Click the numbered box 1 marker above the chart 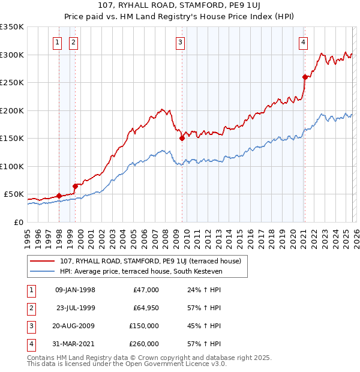coord(57,42)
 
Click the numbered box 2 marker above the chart coord(73,42)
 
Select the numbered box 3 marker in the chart coord(180,42)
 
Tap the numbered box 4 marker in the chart coord(304,42)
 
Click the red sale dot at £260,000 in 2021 coord(305,77)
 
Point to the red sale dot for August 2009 coord(182,138)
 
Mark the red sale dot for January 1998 coord(59,196)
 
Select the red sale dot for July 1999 coord(76,186)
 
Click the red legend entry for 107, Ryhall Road coord(150,261)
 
